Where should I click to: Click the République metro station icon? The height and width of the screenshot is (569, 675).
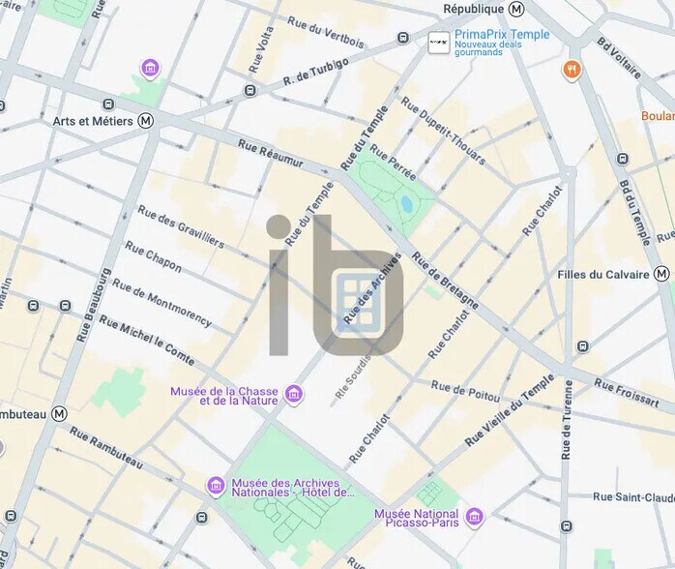pyautogui.click(x=516, y=9)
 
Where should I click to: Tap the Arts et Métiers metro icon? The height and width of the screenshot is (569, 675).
pyautogui.click(x=146, y=121)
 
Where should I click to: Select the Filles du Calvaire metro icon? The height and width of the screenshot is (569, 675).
pyautogui.click(x=661, y=274)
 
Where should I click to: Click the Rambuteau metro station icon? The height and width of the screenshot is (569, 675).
pyautogui.click(x=60, y=413)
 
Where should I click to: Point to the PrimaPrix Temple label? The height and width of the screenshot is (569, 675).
pyautogui.click(x=502, y=35)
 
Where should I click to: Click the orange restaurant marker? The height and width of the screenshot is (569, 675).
pyautogui.click(x=572, y=69)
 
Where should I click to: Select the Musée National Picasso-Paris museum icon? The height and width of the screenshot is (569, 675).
pyautogui.click(x=474, y=515)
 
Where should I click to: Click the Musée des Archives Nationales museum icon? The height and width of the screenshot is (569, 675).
pyautogui.click(x=216, y=485)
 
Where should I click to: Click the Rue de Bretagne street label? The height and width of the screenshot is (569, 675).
pyautogui.click(x=445, y=280)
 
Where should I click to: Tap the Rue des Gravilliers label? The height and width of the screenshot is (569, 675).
pyautogui.click(x=181, y=225)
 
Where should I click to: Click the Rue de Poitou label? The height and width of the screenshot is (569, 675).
pyautogui.click(x=466, y=391)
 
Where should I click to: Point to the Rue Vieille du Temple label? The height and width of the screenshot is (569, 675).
pyautogui.click(x=511, y=409)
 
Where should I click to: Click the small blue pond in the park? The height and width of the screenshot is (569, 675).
pyautogui.click(x=407, y=203)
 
